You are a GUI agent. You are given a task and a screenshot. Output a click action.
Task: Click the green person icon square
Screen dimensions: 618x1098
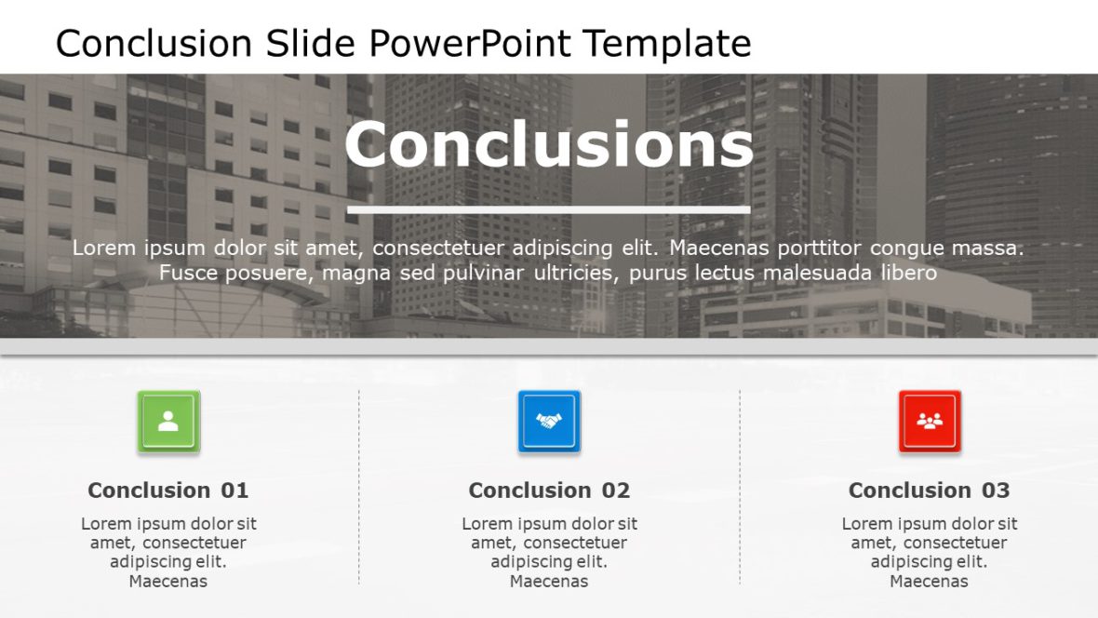[x=168, y=422]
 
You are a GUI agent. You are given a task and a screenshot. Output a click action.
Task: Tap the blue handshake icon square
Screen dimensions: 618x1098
[x=549, y=422]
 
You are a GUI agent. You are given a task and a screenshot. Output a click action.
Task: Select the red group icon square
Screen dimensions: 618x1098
[x=930, y=422]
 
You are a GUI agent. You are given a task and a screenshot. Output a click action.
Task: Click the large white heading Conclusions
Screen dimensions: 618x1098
[x=549, y=145]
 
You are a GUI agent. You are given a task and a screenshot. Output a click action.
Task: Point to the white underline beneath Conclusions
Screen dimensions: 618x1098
[x=549, y=209]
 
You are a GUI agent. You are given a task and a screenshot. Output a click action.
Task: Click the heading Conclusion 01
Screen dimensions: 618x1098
[x=168, y=490]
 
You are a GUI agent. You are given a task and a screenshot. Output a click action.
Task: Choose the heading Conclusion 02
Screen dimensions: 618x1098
[x=549, y=490]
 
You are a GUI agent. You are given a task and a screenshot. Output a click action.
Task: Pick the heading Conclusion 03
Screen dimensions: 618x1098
[x=930, y=490]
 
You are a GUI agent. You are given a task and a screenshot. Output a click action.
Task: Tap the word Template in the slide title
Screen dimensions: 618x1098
[x=667, y=44]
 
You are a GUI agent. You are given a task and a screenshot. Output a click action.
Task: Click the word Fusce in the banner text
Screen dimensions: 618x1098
[x=185, y=273]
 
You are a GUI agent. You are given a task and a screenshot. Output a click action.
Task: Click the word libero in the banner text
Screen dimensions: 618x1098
[x=903, y=273]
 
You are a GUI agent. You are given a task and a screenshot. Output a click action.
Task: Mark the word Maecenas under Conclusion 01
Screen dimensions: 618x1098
[x=168, y=582]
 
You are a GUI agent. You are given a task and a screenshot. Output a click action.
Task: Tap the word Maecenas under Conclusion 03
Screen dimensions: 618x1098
[x=930, y=582]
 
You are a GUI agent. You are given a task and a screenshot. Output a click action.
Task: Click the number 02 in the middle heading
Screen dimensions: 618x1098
[x=616, y=490]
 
